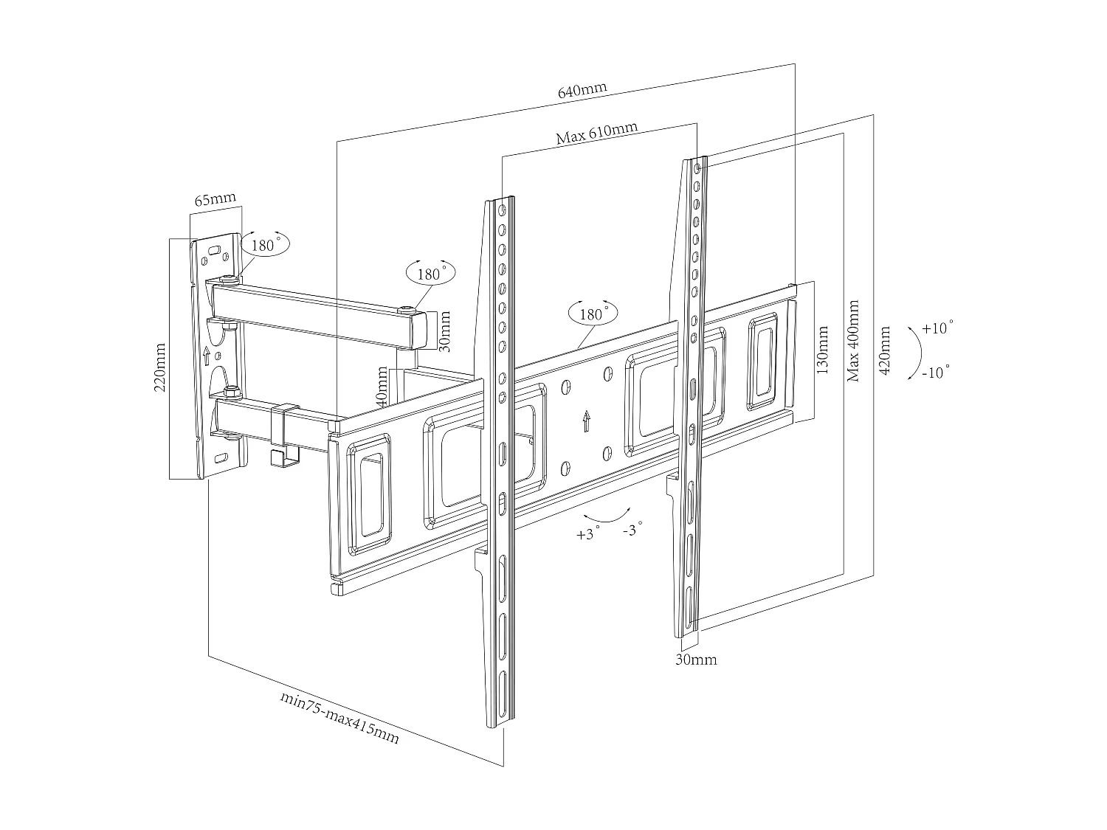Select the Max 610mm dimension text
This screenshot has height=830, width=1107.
pyautogui.click(x=596, y=134)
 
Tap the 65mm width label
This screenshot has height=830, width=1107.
pyautogui.click(x=215, y=200)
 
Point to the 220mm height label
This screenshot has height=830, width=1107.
pyautogui.click(x=160, y=367)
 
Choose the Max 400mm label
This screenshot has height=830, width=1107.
pyautogui.click(x=853, y=341)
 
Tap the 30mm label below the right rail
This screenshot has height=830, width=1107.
pyautogui.click(x=696, y=660)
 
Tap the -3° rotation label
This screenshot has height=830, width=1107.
pyautogui.click(x=632, y=529)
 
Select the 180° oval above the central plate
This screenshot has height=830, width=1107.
pyautogui.click(x=593, y=314)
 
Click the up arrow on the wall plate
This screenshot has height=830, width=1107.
pyautogui.click(x=207, y=356)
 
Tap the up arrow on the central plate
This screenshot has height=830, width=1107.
pyautogui.click(x=586, y=421)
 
